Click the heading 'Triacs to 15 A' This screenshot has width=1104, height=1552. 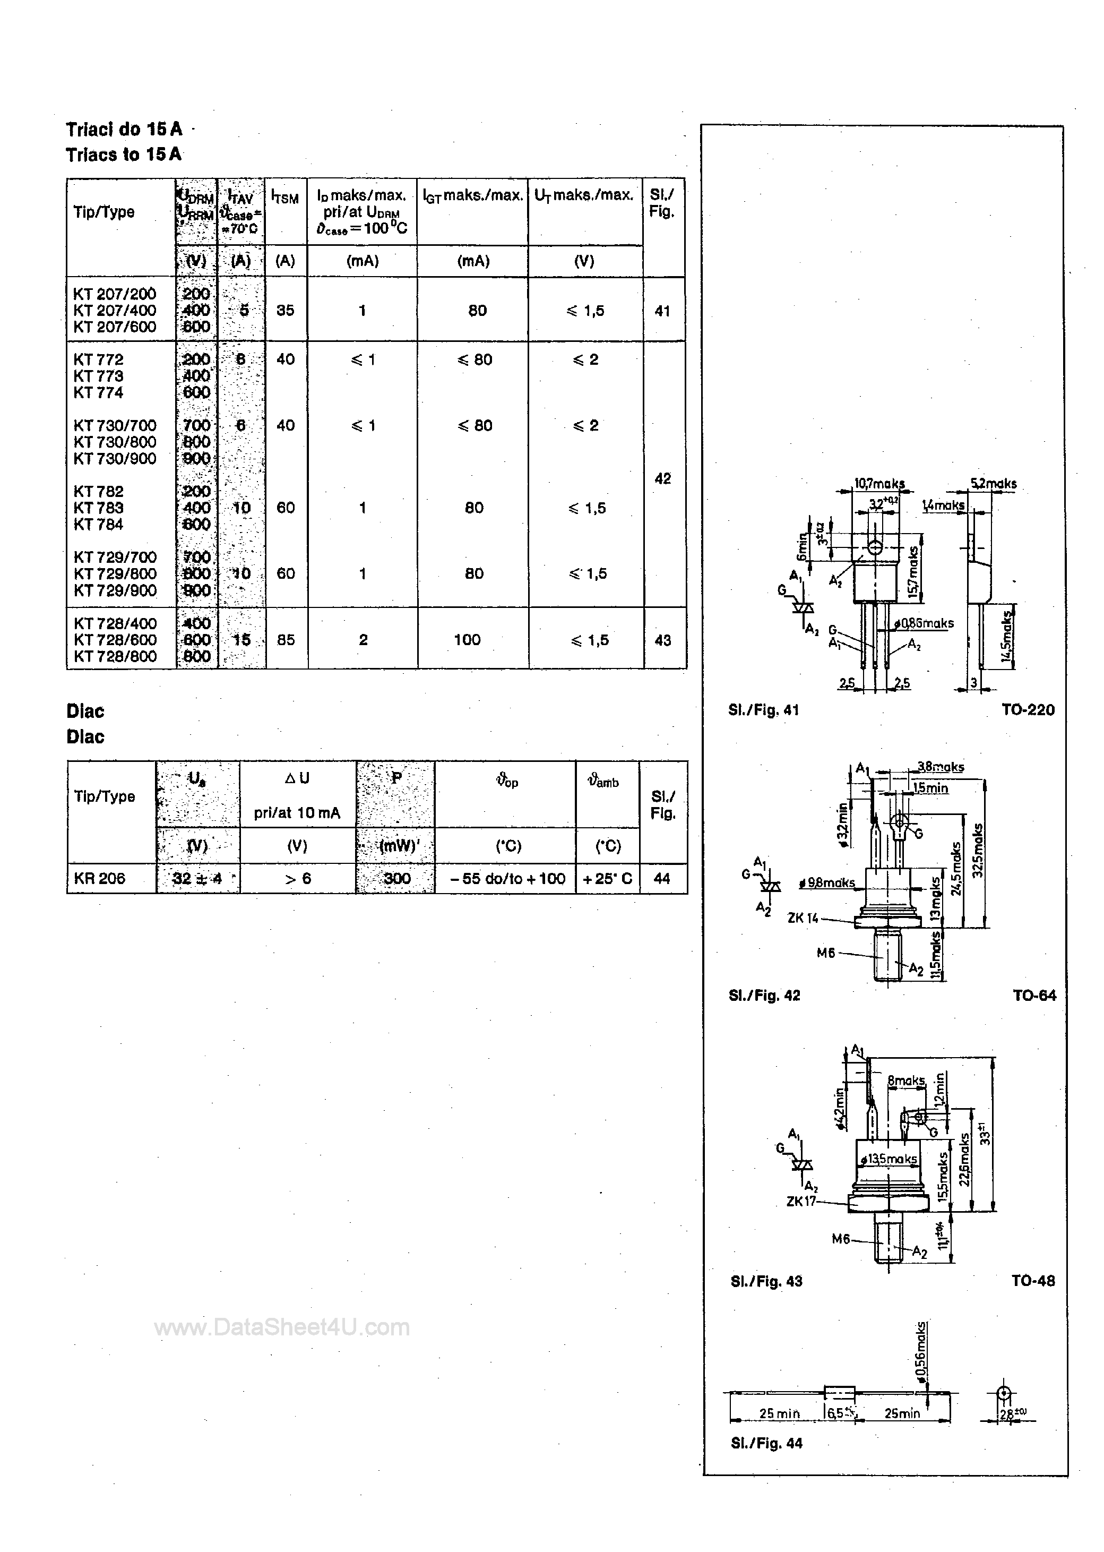(x=124, y=155)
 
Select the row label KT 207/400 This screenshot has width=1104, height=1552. (x=115, y=310)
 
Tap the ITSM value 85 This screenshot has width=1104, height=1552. (x=286, y=640)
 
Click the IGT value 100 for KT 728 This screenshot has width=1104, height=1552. (x=467, y=640)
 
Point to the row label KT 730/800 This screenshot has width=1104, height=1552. (x=115, y=442)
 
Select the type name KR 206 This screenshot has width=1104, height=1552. (x=99, y=878)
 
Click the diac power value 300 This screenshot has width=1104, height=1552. (x=396, y=878)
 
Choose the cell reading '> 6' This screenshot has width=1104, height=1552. (x=298, y=878)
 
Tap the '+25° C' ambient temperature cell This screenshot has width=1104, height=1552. (x=607, y=878)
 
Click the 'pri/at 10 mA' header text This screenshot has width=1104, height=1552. (x=297, y=813)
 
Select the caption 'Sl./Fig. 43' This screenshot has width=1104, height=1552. (x=766, y=1281)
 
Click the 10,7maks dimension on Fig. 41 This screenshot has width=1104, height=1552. (x=879, y=484)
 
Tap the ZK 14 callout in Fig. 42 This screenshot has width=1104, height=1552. (x=804, y=918)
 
